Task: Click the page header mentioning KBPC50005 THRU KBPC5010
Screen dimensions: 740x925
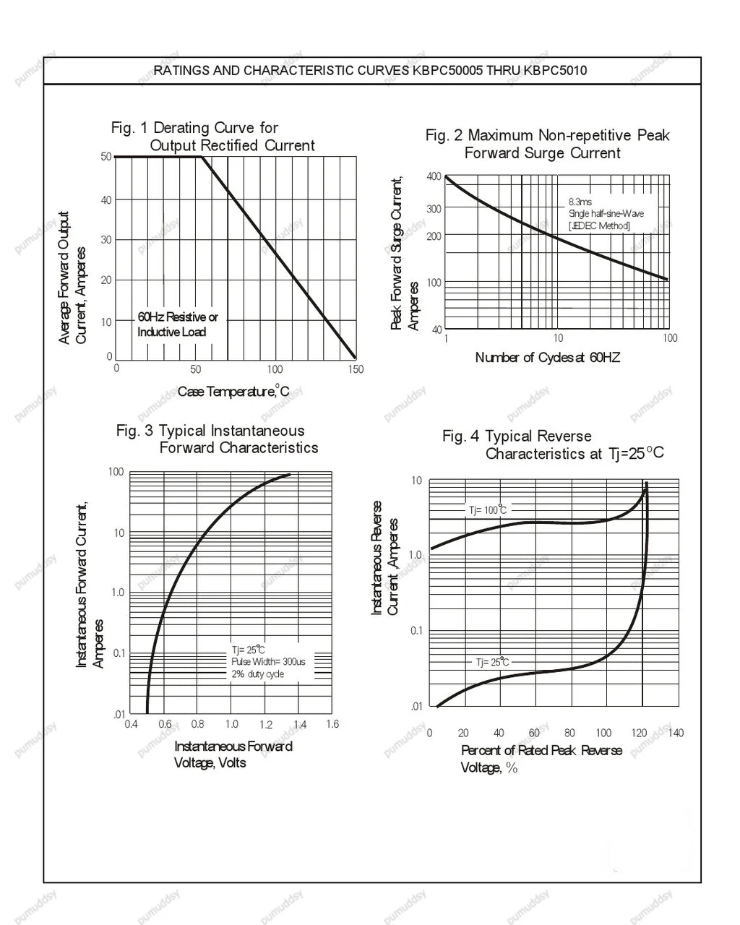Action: (370, 71)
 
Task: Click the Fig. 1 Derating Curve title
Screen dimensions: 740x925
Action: (213, 137)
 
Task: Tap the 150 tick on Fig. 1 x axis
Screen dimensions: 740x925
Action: (356, 369)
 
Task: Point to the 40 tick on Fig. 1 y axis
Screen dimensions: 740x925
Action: (106, 200)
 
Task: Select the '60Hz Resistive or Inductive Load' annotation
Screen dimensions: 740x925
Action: (178, 324)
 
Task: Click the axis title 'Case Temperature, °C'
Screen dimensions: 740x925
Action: (233, 391)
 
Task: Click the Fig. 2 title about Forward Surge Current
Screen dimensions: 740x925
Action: (547, 144)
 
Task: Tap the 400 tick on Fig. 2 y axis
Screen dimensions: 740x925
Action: (434, 176)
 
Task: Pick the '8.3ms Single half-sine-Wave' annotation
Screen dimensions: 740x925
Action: (606, 207)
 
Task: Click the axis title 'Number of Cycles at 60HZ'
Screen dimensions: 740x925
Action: (547, 357)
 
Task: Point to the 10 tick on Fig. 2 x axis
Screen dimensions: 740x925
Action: (558, 338)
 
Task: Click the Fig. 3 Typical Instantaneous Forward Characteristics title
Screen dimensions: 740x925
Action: (217, 439)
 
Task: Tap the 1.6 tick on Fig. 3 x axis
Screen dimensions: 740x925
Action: (332, 724)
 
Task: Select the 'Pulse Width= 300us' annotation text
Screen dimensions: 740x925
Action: (268, 661)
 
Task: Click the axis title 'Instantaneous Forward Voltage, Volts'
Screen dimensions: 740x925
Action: (233, 754)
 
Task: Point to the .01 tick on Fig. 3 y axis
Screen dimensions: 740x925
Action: (119, 714)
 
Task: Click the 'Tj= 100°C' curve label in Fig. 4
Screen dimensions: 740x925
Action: (487, 509)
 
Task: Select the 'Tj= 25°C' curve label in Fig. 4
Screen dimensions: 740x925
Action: (492, 661)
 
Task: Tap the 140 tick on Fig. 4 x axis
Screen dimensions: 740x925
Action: (676, 733)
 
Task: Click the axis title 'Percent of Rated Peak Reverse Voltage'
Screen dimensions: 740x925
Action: (541, 759)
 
